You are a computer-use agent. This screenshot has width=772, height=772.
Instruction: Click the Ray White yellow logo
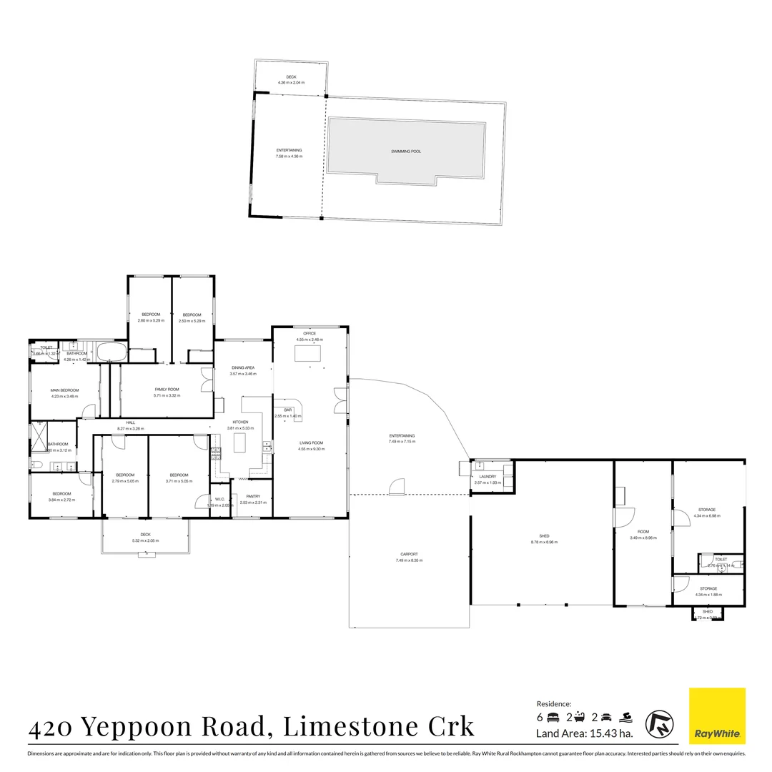tap(717, 716)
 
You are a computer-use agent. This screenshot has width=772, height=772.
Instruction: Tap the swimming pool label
tap(405, 152)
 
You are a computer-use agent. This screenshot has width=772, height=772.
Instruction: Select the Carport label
tap(409, 554)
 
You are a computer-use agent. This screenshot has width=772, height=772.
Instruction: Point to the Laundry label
tap(488, 476)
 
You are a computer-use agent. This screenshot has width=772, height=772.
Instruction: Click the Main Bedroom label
tap(64, 390)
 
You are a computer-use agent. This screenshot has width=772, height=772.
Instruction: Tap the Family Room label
tap(167, 389)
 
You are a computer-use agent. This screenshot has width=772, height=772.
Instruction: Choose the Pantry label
tap(252, 496)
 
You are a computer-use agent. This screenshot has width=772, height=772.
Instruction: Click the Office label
tap(310, 334)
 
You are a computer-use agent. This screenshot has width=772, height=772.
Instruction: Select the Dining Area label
tap(242, 367)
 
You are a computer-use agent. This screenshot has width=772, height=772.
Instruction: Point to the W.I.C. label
tap(220, 500)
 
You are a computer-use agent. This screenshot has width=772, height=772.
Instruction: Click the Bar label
tap(288, 410)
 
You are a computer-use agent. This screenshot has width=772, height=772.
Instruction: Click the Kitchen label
tap(240, 422)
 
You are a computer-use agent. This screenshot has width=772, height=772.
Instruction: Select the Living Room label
tap(312, 443)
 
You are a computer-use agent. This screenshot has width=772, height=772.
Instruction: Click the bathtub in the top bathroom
tap(111, 352)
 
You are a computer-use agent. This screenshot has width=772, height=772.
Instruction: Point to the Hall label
tap(131, 422)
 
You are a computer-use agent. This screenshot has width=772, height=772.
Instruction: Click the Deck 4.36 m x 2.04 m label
tap(291, 77)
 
